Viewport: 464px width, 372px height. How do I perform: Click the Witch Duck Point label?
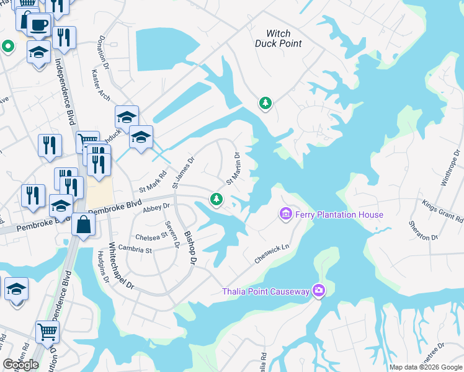(279, 38)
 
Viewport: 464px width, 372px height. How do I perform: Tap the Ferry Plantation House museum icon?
(286, 215)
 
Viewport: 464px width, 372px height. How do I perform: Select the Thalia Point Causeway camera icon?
(319, 290)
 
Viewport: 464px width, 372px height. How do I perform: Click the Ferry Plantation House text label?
(339, 215)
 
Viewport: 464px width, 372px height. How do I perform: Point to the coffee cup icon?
(38, 25)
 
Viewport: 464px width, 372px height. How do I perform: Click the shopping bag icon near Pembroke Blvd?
(83, 224)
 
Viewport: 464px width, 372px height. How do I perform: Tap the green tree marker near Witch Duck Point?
(265, 102)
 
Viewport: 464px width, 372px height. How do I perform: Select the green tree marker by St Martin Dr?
(216, 198)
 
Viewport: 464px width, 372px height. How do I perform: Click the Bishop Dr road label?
(189, 249)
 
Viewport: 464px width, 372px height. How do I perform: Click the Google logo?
(21, 365)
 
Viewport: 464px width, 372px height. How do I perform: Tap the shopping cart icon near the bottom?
(47, 332)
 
